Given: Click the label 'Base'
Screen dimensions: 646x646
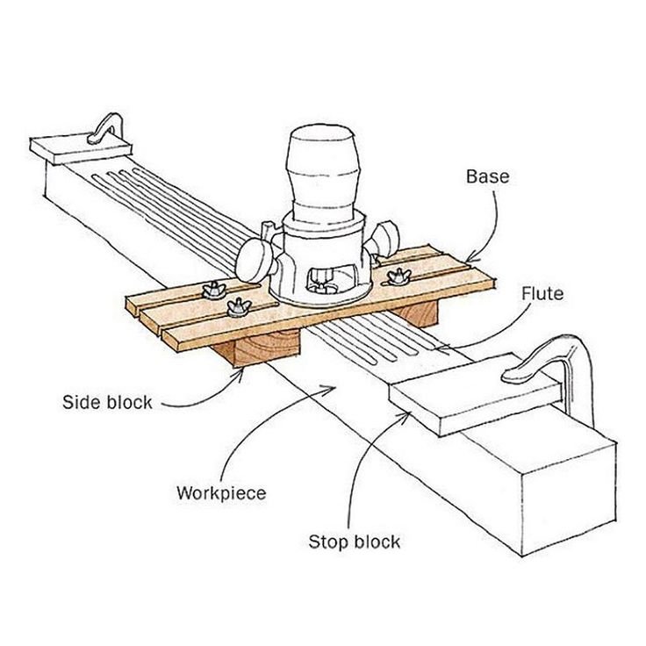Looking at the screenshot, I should click(x=487, y=176).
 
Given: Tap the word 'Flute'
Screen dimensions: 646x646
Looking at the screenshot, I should click(x=542, y=293).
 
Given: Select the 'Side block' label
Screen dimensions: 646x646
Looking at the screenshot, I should click(x=107, y=403).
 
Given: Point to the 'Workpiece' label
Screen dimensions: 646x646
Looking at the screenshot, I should click(x=220, y=492).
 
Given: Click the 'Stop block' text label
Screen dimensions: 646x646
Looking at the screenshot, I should click(x=354, y=541).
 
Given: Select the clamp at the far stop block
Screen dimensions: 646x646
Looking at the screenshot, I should click(x=104, y=126).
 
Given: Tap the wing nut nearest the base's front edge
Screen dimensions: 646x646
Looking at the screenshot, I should click(x=236, y=306).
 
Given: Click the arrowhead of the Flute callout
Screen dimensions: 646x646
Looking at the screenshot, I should click(x=440, y=349).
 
